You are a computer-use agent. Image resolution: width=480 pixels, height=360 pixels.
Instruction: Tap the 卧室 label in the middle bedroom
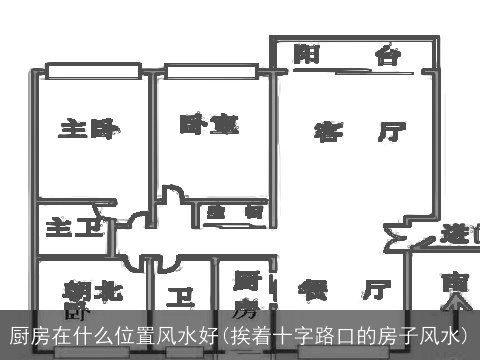(x=209, y=124)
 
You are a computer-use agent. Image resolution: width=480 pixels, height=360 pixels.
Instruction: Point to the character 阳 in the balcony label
(x=307, y=54)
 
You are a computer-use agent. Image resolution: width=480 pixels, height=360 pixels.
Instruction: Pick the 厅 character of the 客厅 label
(x=391, y=131)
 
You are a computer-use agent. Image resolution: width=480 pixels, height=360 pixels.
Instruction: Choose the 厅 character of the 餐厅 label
(x=376, y=290)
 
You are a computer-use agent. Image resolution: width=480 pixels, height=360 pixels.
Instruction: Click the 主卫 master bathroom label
(x=74, y=228)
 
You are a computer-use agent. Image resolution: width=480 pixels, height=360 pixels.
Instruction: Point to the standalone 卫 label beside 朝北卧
(x=181, y=297)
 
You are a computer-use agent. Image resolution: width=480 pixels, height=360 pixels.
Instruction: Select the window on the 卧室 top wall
(x=214, y=70)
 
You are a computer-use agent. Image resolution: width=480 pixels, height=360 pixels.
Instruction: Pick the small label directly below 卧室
(x=235, y=212)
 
